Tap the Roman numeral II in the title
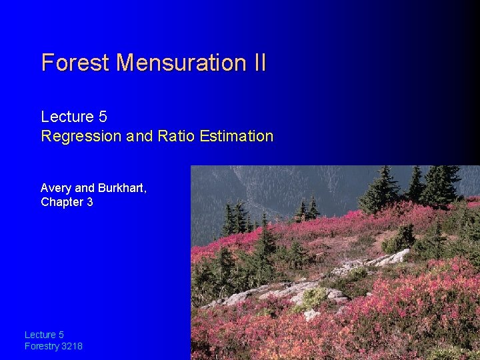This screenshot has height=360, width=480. pos(259,63)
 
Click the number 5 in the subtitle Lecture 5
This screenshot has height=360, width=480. pos(102,117)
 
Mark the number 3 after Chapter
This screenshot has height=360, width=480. pos(90,202)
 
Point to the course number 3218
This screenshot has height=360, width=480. pos(73,346)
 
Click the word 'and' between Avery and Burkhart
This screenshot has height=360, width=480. pos(85,189)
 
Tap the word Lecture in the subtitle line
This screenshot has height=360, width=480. pos(67,117)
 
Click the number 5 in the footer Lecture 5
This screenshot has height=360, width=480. pos(61,335)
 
